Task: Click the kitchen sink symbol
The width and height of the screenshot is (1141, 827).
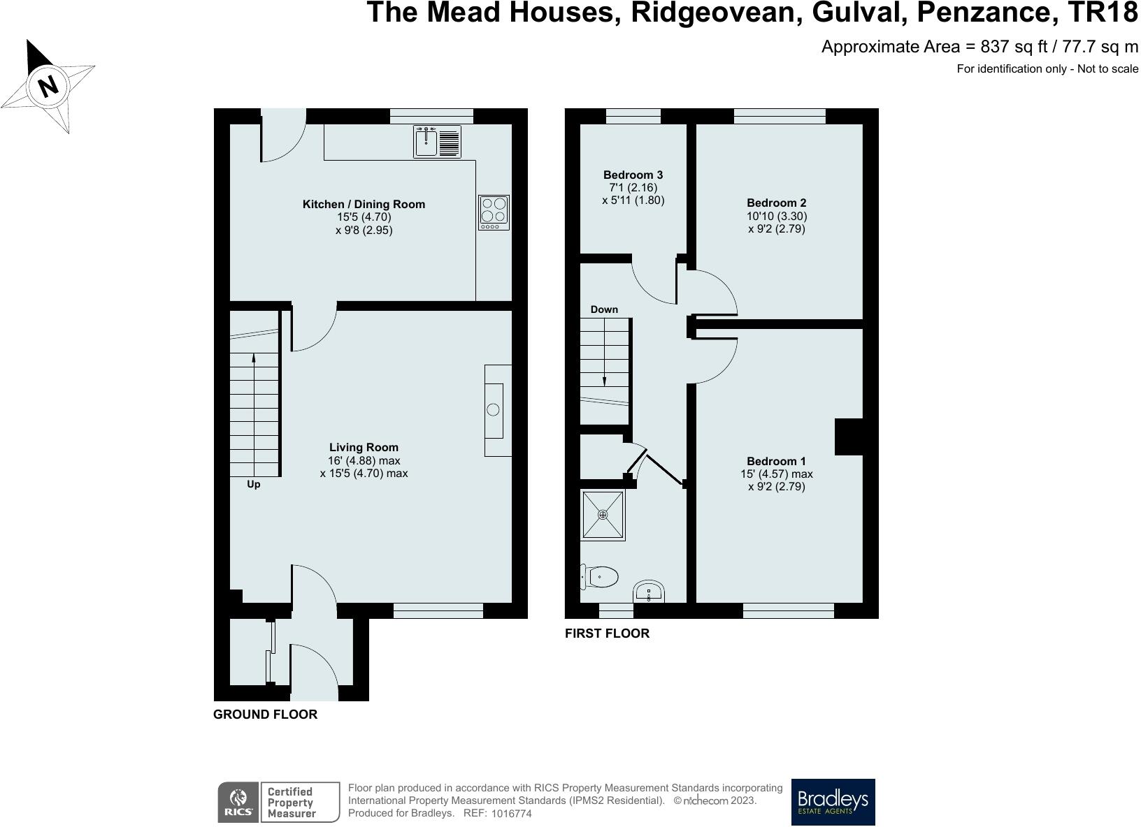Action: (x=436, y=142)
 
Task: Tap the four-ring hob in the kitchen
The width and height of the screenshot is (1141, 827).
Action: (x=494, y=212)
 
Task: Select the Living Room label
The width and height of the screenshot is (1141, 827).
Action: (x=364, y=447)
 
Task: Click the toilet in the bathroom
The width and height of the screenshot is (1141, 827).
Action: (x=601, y=578)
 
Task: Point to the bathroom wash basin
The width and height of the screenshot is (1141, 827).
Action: (x=649, y=592)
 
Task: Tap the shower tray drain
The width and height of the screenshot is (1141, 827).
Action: (x=603, y=515)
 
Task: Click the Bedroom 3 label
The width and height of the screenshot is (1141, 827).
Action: (x=633, y=175)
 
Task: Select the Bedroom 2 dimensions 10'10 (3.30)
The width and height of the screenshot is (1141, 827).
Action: (x=777, y=216)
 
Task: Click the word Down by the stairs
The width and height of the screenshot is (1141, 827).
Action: (x=604, y=309)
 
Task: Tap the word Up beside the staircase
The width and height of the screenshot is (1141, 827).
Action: (x=253, y=484)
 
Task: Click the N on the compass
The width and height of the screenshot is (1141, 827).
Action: (x=48, y=87)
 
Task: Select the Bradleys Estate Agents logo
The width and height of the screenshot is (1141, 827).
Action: (x=833, y=802)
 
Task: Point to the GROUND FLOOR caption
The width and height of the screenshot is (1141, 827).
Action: (x=265, y=715)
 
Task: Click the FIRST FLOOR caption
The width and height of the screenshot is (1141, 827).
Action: (x=607, y=634)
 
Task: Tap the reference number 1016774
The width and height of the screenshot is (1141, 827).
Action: (x=511, y=814)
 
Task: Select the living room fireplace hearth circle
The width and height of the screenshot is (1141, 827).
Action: (x=494, y=410)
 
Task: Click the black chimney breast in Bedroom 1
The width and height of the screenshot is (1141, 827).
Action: (x=849, y=437)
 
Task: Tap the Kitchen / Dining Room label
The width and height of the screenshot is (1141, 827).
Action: (x=364, y=204)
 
